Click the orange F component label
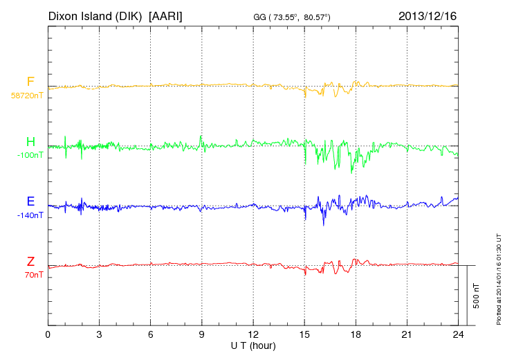(x=30, y=82)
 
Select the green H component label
(x=30, y=142)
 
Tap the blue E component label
(x=30, y=201)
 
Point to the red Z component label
(x=30, y=261)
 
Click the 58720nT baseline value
(x=27, y=96)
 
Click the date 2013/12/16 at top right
(x=428, y=15)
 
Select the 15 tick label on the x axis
(x=304, y=334)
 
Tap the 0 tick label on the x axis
(x=48, y=334)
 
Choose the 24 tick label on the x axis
(x=458, y=334)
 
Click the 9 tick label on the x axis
(x=202, y=334)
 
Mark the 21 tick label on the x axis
(x=407, y=334)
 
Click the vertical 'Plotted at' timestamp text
(x=498, y=277)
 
